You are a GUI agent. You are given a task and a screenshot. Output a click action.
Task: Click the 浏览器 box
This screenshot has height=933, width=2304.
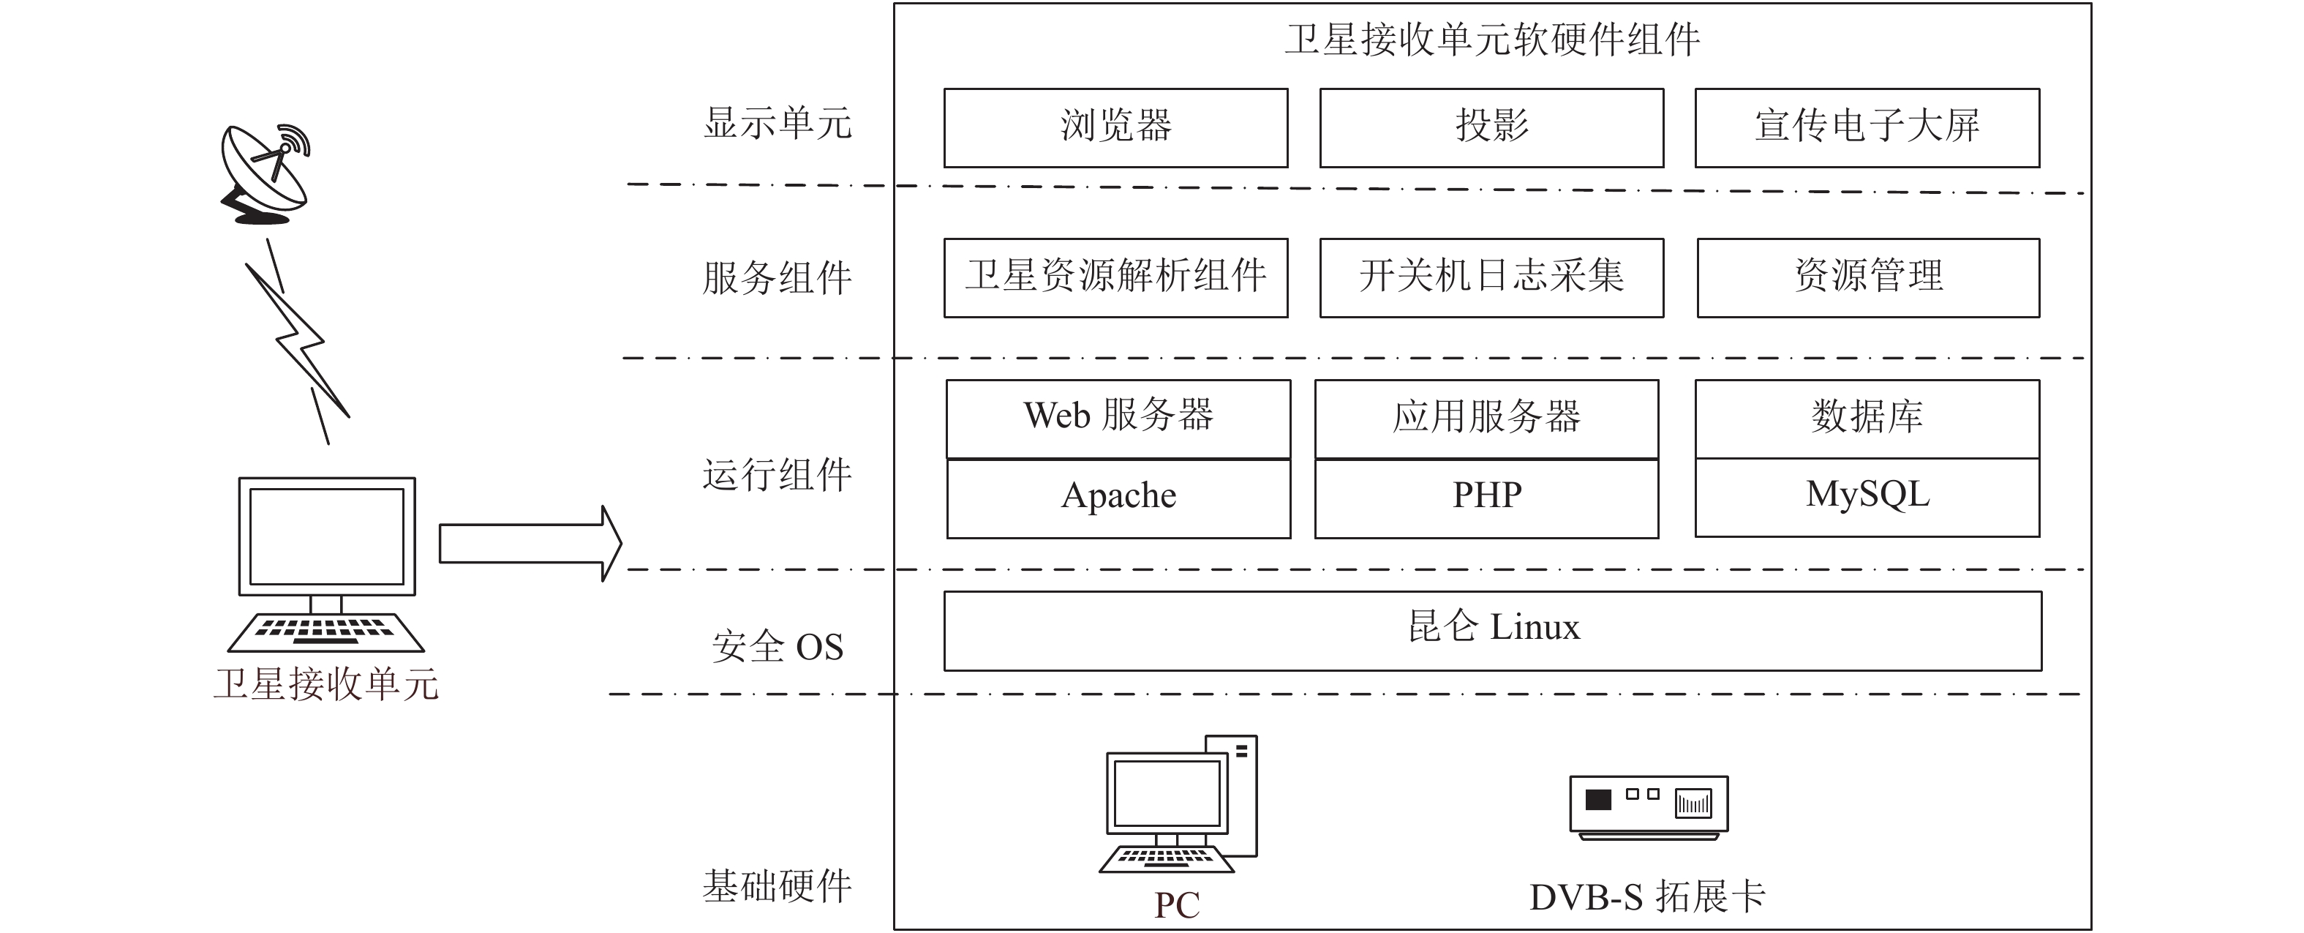click(1115, 128)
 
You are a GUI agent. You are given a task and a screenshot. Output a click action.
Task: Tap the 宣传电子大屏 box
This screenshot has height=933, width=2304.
click(1867, 128)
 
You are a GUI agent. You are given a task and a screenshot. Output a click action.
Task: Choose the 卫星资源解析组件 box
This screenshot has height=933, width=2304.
click(1115, 277)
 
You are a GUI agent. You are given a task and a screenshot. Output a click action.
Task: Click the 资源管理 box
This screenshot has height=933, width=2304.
click(1868, 277)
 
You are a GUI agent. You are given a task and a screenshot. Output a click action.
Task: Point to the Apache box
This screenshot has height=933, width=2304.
click(1118, 498)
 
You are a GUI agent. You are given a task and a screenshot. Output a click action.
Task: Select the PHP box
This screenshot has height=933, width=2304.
click(1486, 498)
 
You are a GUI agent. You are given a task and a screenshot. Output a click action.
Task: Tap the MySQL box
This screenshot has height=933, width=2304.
click(1867, 498)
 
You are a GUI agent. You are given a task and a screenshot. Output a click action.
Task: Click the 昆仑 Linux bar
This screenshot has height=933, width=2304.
click(1493, 631)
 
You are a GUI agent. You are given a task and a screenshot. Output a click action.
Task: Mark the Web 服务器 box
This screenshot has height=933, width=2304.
click(1118, 419)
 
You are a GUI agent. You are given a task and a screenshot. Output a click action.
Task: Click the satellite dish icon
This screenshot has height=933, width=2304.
click(265, 173)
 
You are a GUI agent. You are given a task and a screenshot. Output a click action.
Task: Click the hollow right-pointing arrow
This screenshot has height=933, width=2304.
click(530, 543)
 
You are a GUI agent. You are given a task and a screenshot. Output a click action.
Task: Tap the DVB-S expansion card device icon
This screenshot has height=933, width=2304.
click(1649, 808)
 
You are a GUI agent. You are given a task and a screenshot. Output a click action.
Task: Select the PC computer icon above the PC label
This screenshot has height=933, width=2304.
click(1178, 804)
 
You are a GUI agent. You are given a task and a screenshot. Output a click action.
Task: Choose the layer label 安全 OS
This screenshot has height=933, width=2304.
click(778, 647)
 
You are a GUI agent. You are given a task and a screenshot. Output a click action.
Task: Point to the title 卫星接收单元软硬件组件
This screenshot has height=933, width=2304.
click(1492, 40)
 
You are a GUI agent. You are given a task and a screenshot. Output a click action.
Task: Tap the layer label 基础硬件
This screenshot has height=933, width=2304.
click(778, 886)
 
